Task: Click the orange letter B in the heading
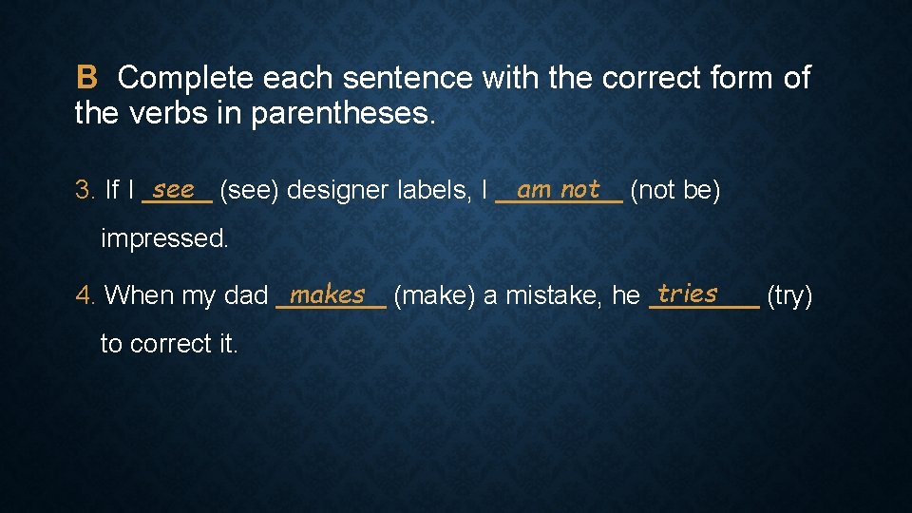86,77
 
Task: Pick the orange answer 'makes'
328,294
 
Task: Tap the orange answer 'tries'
687,293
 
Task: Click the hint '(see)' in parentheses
249,191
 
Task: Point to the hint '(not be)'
675,191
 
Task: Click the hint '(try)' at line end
789,296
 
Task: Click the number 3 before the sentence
84,191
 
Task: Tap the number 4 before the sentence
84,296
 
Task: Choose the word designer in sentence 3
336,191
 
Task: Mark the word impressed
164,238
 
